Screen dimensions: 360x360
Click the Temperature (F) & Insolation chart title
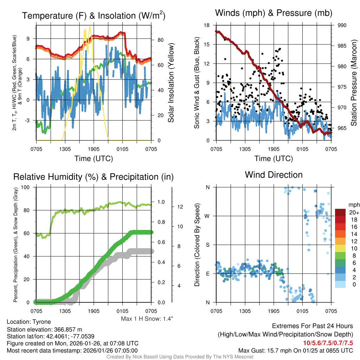tap(94, 15)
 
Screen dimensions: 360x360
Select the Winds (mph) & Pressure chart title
tap(274, 13)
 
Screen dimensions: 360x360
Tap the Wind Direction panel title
tap(274, 175)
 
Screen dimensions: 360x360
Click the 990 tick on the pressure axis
tap(342, 25)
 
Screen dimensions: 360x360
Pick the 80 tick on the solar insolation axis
tap(160, 40)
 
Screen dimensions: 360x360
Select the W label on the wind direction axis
tap(207, 216)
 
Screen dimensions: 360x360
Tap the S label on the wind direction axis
tap(208, 245)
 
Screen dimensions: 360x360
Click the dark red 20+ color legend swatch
tap(341, 212)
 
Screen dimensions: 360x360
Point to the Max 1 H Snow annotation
tap(147, 319)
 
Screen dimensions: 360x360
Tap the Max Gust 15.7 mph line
tap(295, 351)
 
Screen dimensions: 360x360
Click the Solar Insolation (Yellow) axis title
tap(171, 83)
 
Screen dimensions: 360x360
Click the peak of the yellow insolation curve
tap(90, 27)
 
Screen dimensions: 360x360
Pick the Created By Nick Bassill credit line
tap(180, 357)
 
